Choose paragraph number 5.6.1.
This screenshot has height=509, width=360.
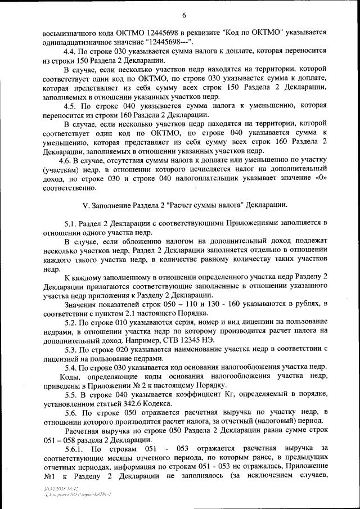coord(74,448)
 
